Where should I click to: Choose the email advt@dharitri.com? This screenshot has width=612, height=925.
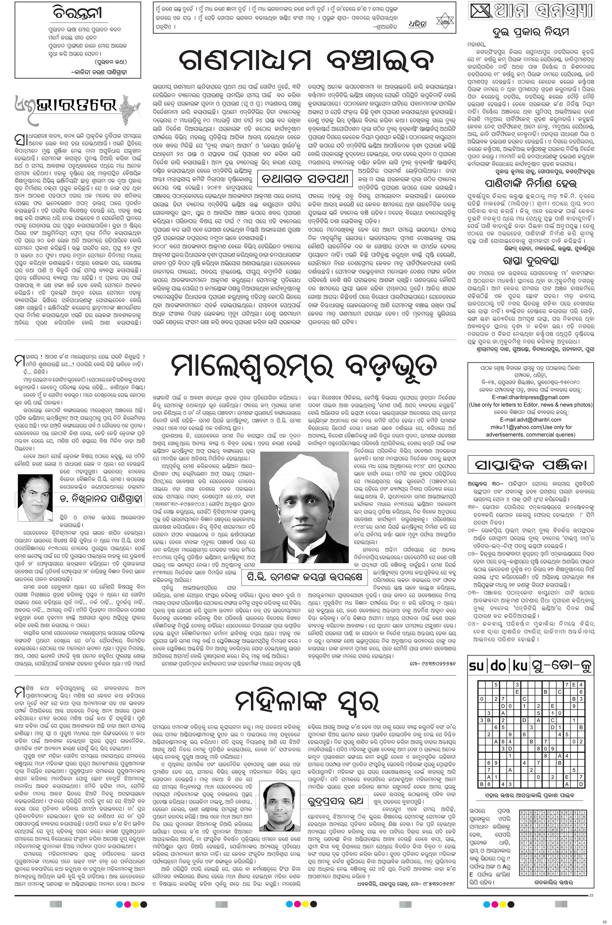530,419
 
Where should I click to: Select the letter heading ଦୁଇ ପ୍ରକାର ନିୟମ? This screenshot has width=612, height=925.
530,33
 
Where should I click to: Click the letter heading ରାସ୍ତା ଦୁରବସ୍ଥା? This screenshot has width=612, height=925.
530,260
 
